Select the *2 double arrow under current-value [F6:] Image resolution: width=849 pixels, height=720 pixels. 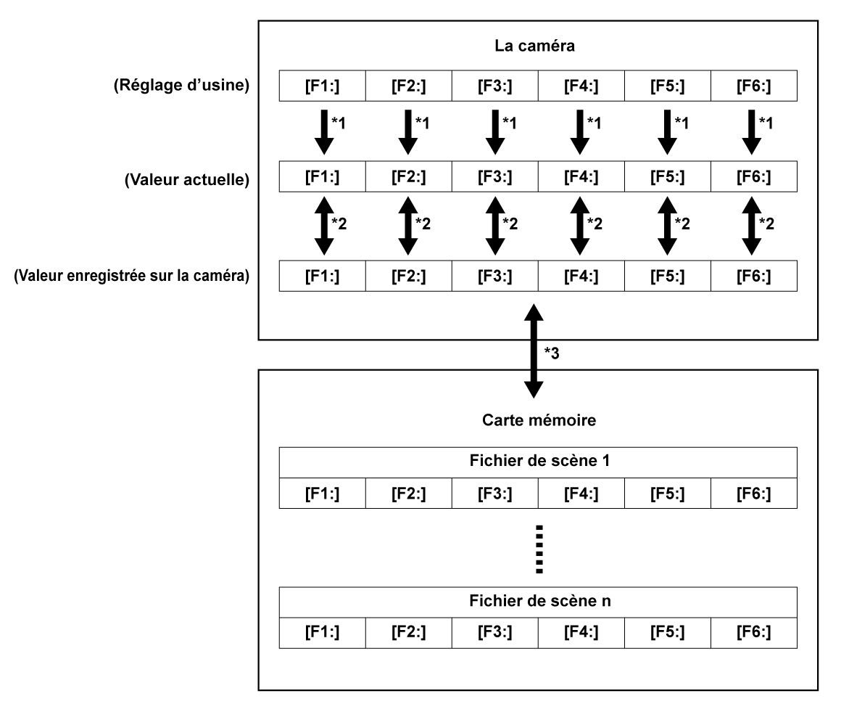coord(753,227)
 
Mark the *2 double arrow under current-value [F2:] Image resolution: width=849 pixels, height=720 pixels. coord(408,227)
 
